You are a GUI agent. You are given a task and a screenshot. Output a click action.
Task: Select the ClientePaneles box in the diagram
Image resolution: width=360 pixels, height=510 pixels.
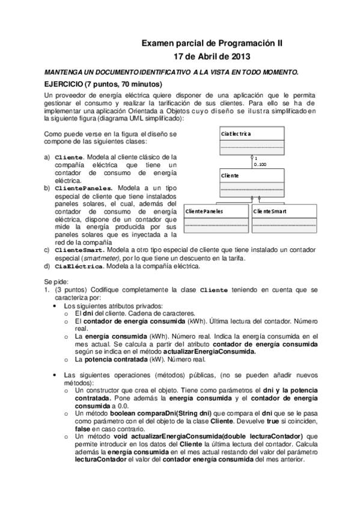[215, 219]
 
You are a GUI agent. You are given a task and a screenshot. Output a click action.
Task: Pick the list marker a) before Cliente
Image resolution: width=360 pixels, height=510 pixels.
[47, 157]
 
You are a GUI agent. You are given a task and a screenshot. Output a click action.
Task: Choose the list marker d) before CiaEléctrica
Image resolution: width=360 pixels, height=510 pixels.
[47, 266]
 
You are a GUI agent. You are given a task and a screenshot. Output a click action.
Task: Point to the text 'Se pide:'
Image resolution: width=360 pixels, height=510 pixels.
[56, 281]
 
